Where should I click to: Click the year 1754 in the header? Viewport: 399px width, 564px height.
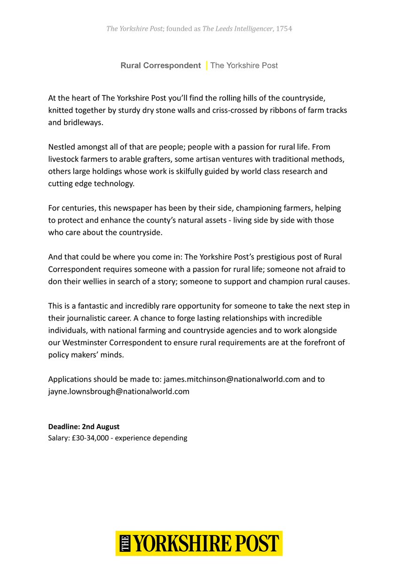coord(284,29)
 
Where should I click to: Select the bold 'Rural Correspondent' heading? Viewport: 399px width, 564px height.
coord(160,65)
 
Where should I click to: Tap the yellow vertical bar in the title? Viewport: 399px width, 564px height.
coord(206,65)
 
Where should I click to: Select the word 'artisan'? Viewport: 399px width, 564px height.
coord(209,159)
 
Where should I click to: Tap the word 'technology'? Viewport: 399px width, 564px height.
coord(112,183)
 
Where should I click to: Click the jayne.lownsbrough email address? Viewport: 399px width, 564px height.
coord(119,391)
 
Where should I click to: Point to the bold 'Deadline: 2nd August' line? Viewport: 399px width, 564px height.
coord(84,427)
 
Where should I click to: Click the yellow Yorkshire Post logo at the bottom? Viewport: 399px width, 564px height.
coord(199,543)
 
